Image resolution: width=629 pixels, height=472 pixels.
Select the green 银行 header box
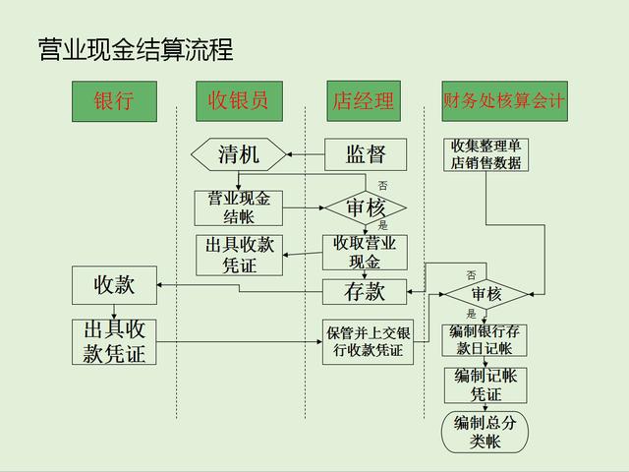point(114,101)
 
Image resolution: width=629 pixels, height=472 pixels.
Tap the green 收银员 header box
point(238,101)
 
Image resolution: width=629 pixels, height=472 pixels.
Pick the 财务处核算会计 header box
point(504,101)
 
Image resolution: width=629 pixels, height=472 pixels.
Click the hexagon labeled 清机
point(239,154)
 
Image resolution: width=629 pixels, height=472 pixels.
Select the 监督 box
point(366,154)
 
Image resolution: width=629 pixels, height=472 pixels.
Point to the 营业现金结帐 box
point(239,207)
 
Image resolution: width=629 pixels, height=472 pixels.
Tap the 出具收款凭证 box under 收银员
point(239,254)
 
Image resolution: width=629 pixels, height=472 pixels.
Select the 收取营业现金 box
point(365,253)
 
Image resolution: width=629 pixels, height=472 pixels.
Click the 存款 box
point(365,292)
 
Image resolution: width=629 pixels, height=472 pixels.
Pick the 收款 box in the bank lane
point(114,286)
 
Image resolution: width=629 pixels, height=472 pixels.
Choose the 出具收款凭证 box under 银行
point(114,342)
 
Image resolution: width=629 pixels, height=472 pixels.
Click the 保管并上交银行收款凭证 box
point(368,342)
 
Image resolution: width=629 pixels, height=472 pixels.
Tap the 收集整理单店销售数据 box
point(486,154)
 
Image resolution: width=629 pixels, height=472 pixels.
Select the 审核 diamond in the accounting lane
point(486,293)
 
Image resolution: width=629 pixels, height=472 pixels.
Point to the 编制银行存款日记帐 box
point(486,340)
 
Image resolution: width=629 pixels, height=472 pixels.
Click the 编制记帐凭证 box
point(486,384)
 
